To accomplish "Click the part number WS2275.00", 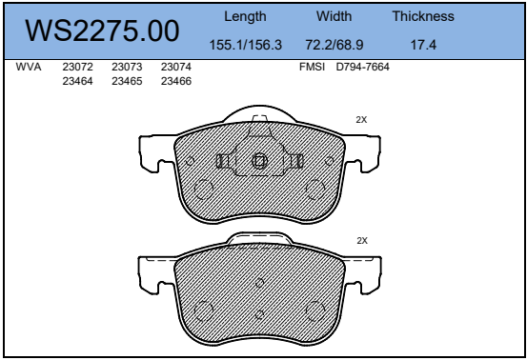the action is pos(102,30).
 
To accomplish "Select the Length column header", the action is pos(245,16).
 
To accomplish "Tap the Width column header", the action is pos(334,16).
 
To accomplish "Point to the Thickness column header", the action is pos(423,16).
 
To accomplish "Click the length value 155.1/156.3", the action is pos(245,45).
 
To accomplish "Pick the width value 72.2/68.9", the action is pos(334,45).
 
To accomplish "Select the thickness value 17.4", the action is pos(423,45).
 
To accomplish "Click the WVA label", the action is pos(29,67).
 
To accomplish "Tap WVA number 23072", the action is pos(77,67).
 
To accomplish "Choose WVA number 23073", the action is pos(127,67).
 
